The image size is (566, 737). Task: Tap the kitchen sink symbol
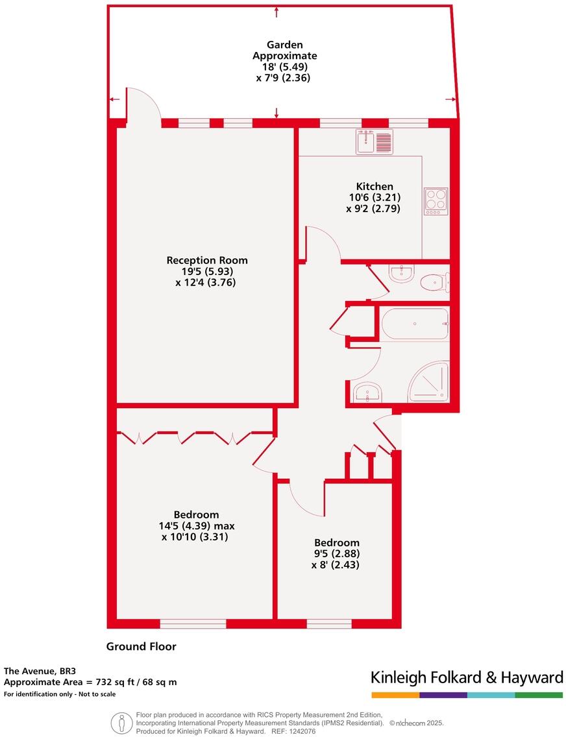[x=375, y=141]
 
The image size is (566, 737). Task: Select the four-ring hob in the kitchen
[x=436, y=201]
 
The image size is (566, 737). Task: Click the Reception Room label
[x=207, y=260]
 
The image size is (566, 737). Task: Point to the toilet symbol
[x=433, y=282]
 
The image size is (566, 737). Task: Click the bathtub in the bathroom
[x=414, y=324]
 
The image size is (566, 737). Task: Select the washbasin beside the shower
[x=367, y=392]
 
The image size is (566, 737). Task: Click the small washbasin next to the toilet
[x=402, y=274]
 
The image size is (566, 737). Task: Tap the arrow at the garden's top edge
[x=277, y=11]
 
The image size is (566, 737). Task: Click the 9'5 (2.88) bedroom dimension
[x=336, y=554]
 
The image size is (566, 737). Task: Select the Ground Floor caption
[x=141, y=646]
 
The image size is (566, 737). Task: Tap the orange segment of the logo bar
[x=395, y=695]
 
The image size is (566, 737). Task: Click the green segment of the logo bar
[x=539, y=695]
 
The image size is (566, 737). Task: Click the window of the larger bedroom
[x=193, y=624]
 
